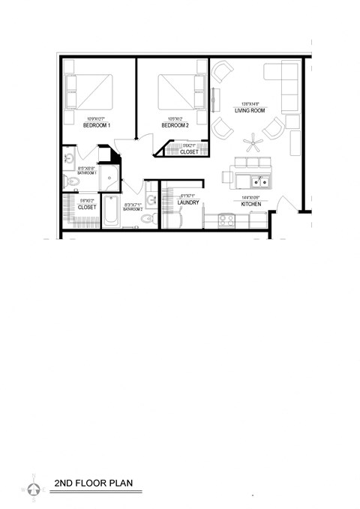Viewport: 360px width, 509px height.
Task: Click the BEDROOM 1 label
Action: [97, 125]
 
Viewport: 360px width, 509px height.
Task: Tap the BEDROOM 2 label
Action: [176, 125]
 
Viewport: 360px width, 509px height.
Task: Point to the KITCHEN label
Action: [250, 204]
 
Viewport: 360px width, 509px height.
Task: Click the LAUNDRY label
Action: [187, 202]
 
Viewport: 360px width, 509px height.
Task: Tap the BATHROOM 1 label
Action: [77, 173]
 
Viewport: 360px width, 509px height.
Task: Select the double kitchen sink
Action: [261, 181]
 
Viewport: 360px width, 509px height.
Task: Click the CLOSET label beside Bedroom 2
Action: [189, 152]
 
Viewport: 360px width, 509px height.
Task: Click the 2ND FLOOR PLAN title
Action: [94, 484]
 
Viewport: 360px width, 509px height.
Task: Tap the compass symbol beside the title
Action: [33, 488]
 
